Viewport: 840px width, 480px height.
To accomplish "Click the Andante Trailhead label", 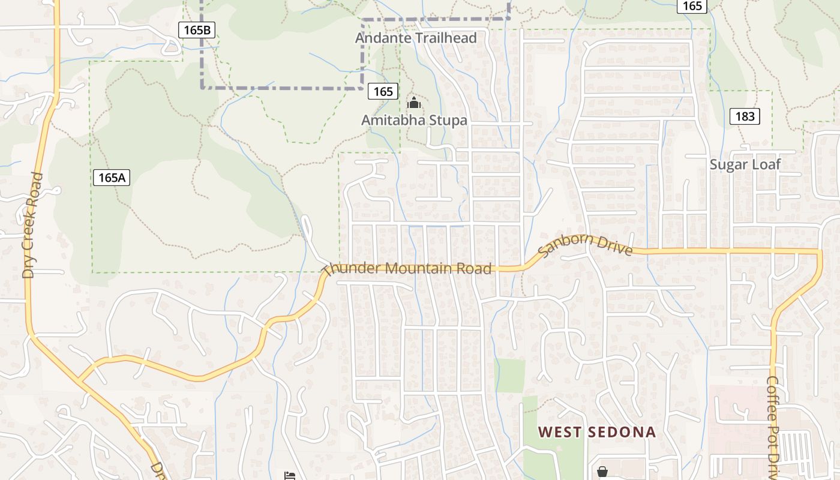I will click(416, 38).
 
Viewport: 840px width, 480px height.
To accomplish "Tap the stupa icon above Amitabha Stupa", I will click(413, 103).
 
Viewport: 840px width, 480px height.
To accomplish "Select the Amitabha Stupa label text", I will click(414, 120).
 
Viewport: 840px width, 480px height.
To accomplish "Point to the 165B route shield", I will click(197, 29).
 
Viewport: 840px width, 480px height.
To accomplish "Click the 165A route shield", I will click(112, 178).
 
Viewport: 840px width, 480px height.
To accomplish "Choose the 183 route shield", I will click(745, 116).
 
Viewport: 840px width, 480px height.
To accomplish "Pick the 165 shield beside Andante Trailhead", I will click(383, 91).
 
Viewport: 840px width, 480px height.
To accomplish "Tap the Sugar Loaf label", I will click(745, 164).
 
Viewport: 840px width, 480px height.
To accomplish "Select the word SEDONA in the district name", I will click(620, 432).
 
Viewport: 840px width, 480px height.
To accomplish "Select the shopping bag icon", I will click(602, 472).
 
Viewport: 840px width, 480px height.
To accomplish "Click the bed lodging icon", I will click(290, 475).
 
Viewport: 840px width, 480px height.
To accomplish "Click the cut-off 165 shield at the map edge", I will click(692, 5).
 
